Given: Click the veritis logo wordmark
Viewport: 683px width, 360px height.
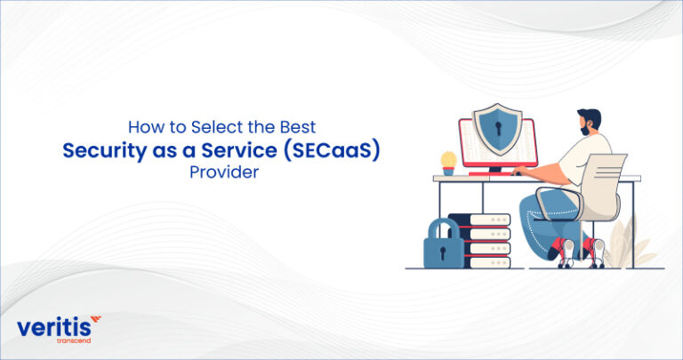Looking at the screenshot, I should point(52,328).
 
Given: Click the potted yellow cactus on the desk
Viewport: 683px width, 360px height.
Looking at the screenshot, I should point(448,162).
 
